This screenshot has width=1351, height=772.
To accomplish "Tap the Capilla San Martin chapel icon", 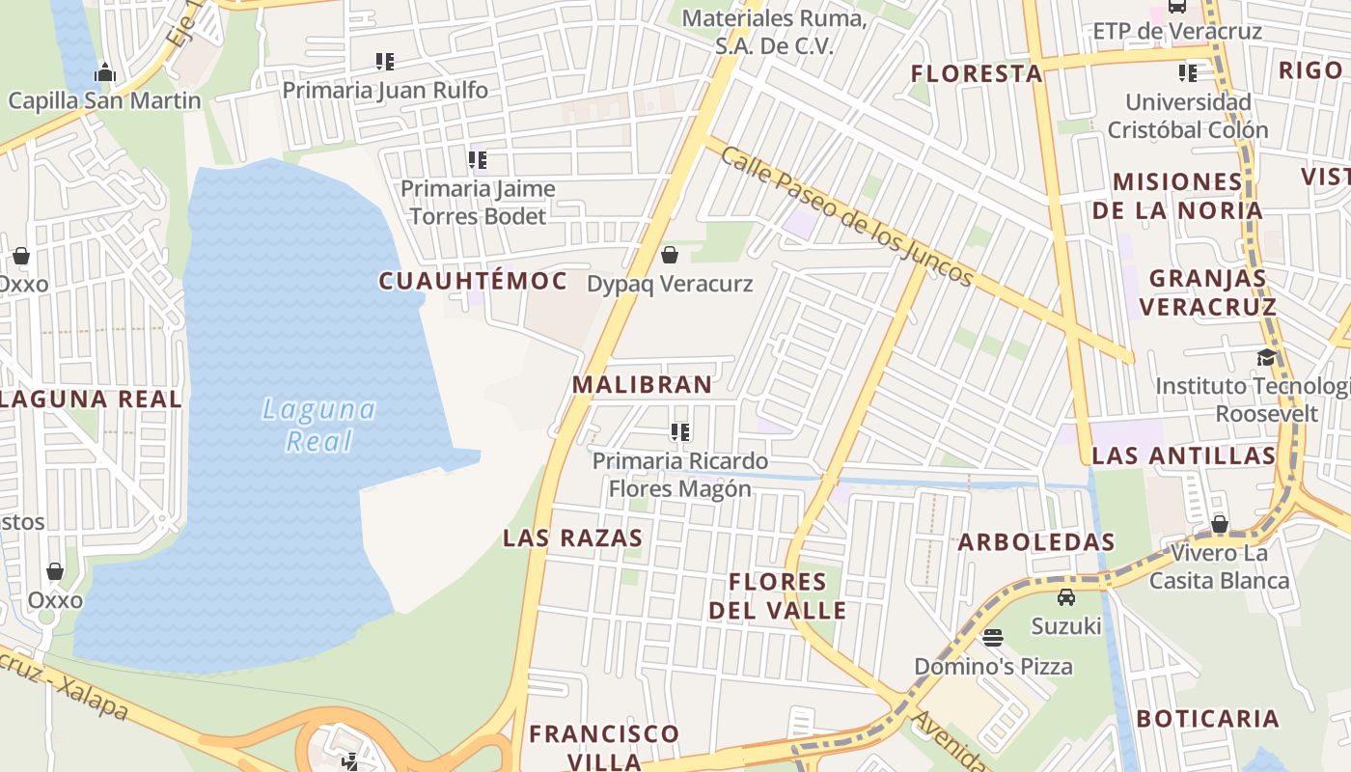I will coord(105,72).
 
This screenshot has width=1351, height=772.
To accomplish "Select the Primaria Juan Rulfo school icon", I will coord(385,62).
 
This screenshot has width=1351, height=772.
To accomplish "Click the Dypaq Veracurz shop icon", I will coord(670,255).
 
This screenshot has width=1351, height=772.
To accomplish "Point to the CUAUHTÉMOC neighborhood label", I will coord(473,281).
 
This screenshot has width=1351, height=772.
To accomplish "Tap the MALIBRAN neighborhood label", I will coord(642,384).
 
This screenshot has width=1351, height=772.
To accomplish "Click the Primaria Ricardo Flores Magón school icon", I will coord(680,432).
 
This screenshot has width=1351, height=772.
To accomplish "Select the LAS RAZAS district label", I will coord(572,538).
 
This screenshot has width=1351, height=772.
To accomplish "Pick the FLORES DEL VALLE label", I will coord(778,595).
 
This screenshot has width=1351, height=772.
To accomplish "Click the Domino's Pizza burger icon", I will coord(993,637).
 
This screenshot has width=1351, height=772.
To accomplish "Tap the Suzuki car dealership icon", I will coord(1066,597).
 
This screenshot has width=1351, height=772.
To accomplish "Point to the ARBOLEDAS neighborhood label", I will coord(1036,542).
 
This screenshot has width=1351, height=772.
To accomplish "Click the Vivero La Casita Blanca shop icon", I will coord(1220,524).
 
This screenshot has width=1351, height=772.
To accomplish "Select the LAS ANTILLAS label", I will coord(1183,455).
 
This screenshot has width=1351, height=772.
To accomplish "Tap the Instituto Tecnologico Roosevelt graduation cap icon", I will coord(1265,358).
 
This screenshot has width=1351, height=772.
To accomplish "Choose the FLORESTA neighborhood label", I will coord(977,73).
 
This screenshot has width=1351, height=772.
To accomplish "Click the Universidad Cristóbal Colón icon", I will coord(1188,72).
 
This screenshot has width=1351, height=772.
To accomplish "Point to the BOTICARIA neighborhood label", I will coord(1207,719).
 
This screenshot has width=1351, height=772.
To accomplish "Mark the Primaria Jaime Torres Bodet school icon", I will coord(478,159).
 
